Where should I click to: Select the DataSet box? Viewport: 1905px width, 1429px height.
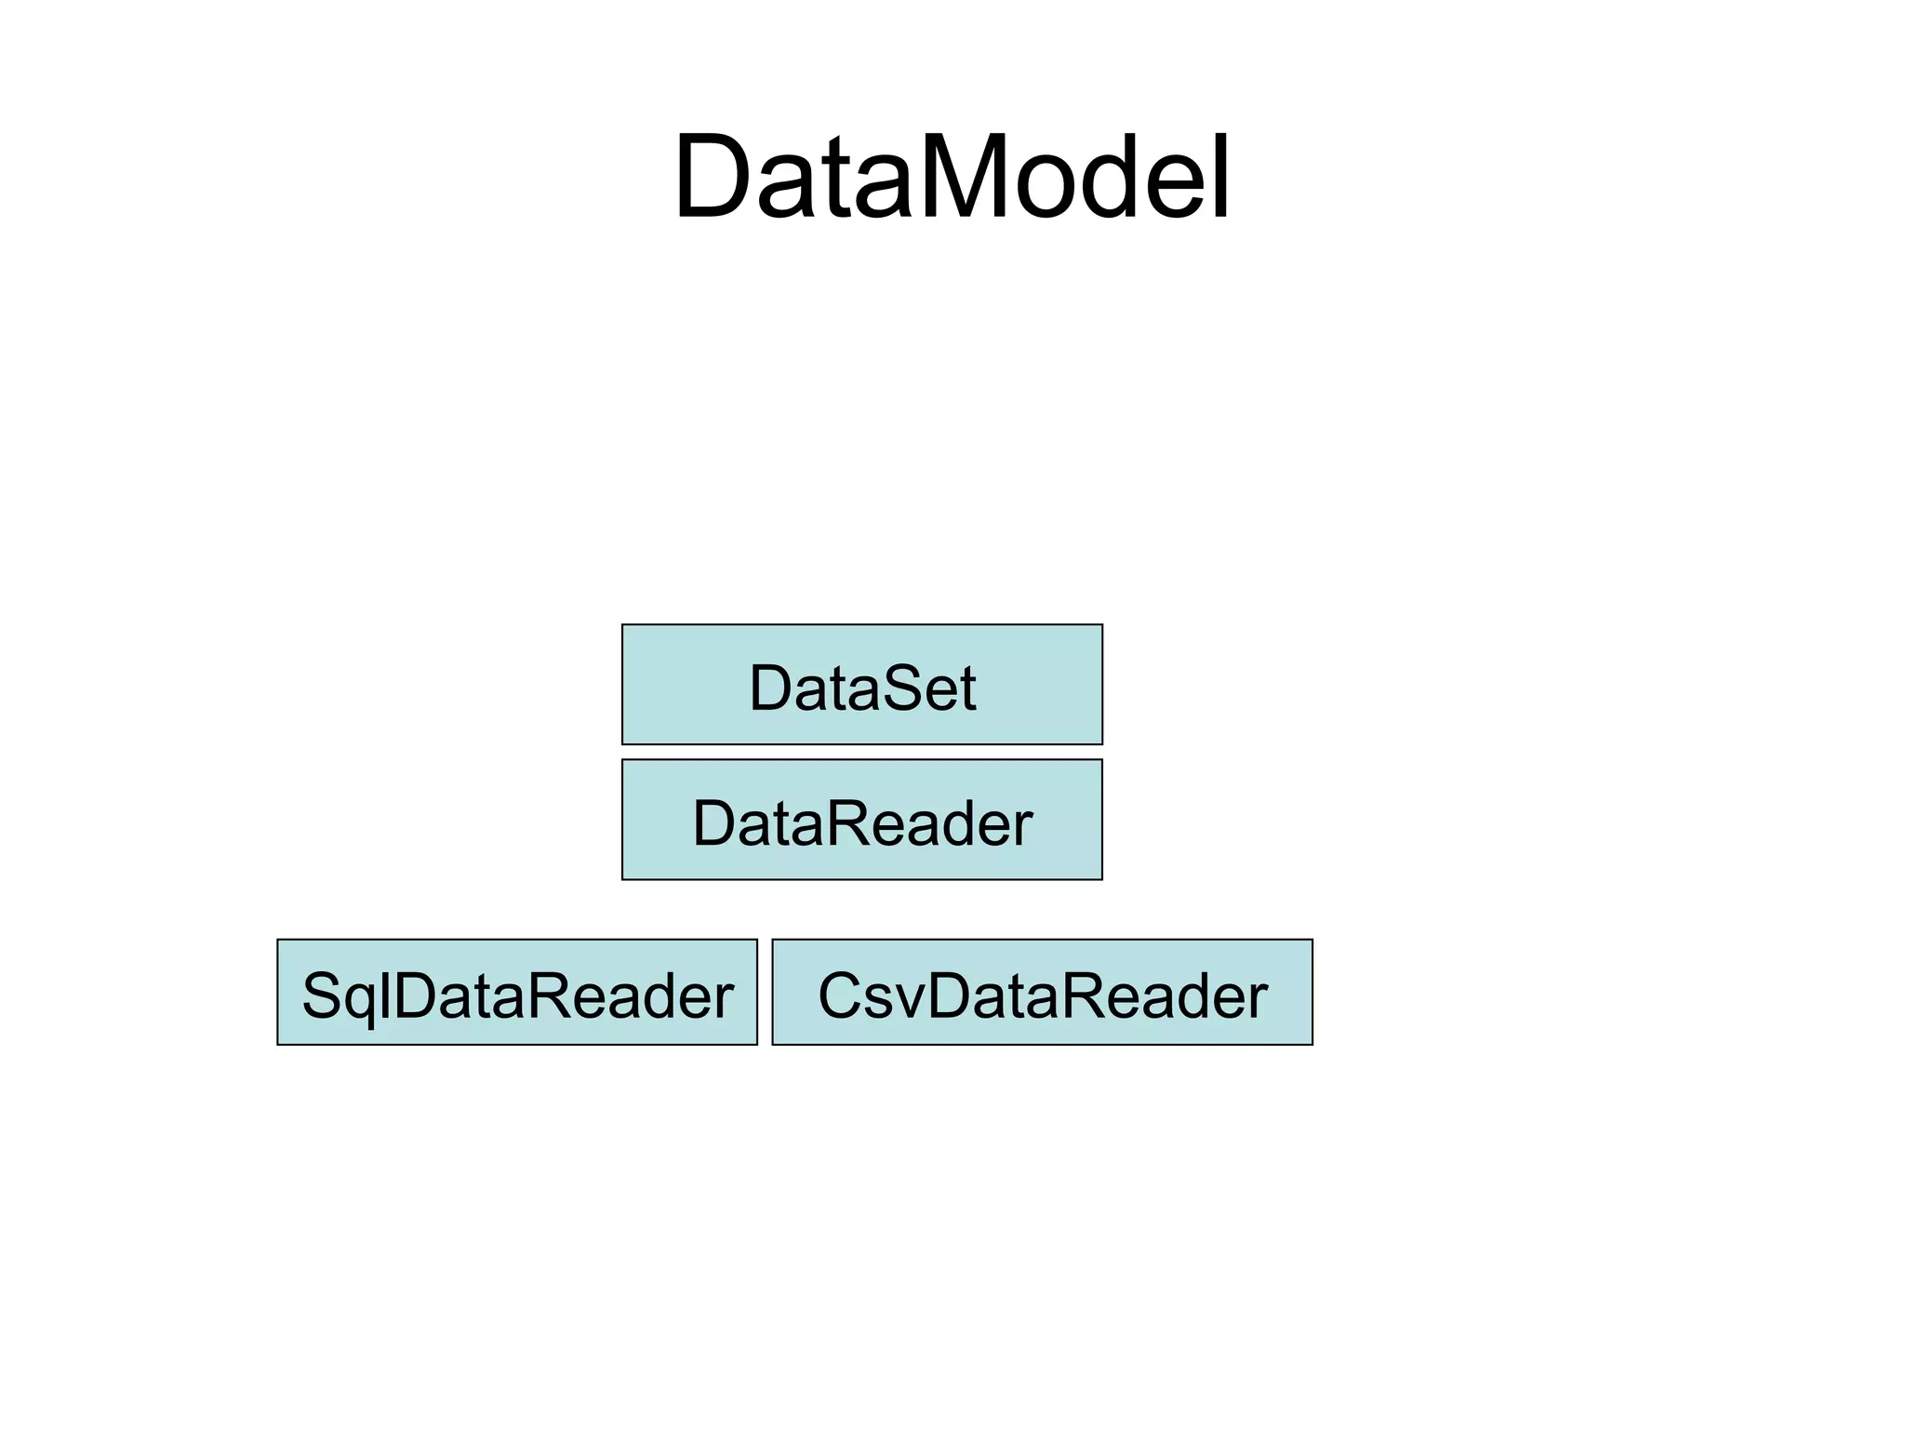coord(861,685)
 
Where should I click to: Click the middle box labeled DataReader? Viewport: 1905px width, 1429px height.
coord(861,820)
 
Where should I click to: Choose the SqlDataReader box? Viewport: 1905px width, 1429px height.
coord(516,992)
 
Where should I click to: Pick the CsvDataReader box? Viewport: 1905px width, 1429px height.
coord(1042,992)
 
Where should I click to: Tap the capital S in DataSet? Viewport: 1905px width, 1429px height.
coord(878,688)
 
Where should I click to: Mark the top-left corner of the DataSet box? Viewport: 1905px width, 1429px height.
coord(622,625)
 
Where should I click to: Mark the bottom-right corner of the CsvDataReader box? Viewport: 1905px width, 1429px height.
coord(1312,1044)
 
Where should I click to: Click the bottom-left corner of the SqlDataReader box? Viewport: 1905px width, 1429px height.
coord(278,1044)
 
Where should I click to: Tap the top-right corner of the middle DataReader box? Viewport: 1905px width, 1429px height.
coord(1101,760)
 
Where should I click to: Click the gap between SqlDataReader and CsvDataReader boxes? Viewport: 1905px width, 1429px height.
coord(765,992)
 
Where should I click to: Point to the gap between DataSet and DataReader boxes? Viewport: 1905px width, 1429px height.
coord(861,752)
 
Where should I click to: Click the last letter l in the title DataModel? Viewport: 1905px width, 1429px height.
coord(1222,177)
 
